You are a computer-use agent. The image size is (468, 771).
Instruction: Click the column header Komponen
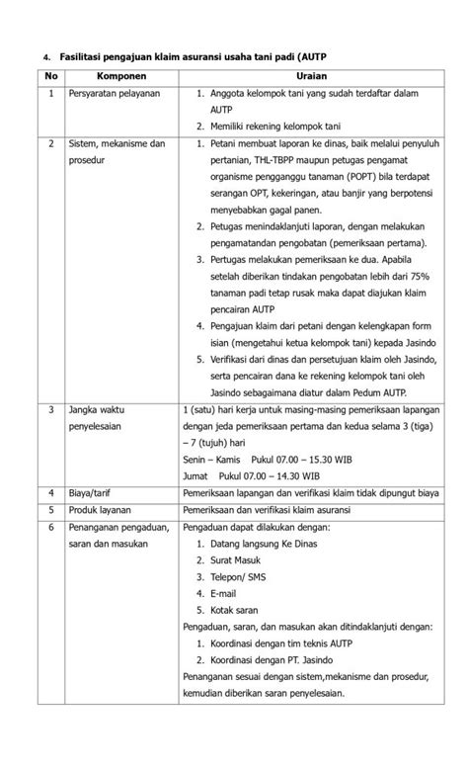120,76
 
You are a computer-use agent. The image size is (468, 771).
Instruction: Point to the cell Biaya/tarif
96,492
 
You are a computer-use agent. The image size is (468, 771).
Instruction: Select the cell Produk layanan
104,510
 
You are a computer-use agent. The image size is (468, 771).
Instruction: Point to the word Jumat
195,475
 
